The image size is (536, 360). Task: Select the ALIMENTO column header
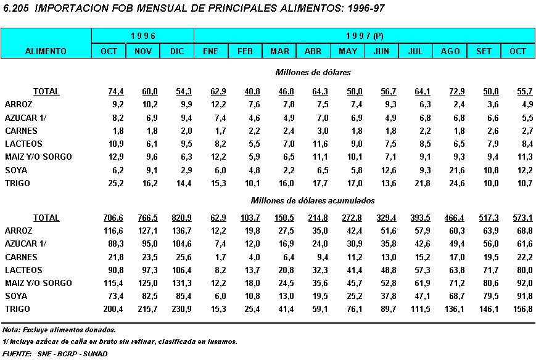point(46,51)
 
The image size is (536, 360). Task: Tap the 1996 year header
point(142,36)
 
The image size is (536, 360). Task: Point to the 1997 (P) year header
point(364,36)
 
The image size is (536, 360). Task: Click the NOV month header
point(142,51)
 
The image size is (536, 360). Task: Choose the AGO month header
point(450,51)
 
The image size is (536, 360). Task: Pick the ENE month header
point(210,51)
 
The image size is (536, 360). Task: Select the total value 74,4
point(116,91)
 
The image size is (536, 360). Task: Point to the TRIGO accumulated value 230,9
point(182,309)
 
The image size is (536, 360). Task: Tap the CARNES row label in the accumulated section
point(21,257)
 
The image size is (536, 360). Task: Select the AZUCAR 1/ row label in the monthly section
point(25,118)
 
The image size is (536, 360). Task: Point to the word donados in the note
point(99,330)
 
